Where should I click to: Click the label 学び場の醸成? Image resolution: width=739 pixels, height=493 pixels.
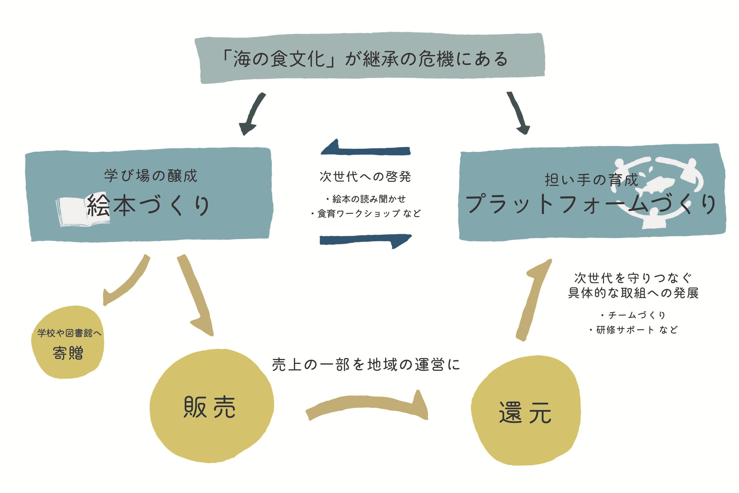coord(151,176)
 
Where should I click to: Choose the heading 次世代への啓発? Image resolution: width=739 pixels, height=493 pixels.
coord(365,176)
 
